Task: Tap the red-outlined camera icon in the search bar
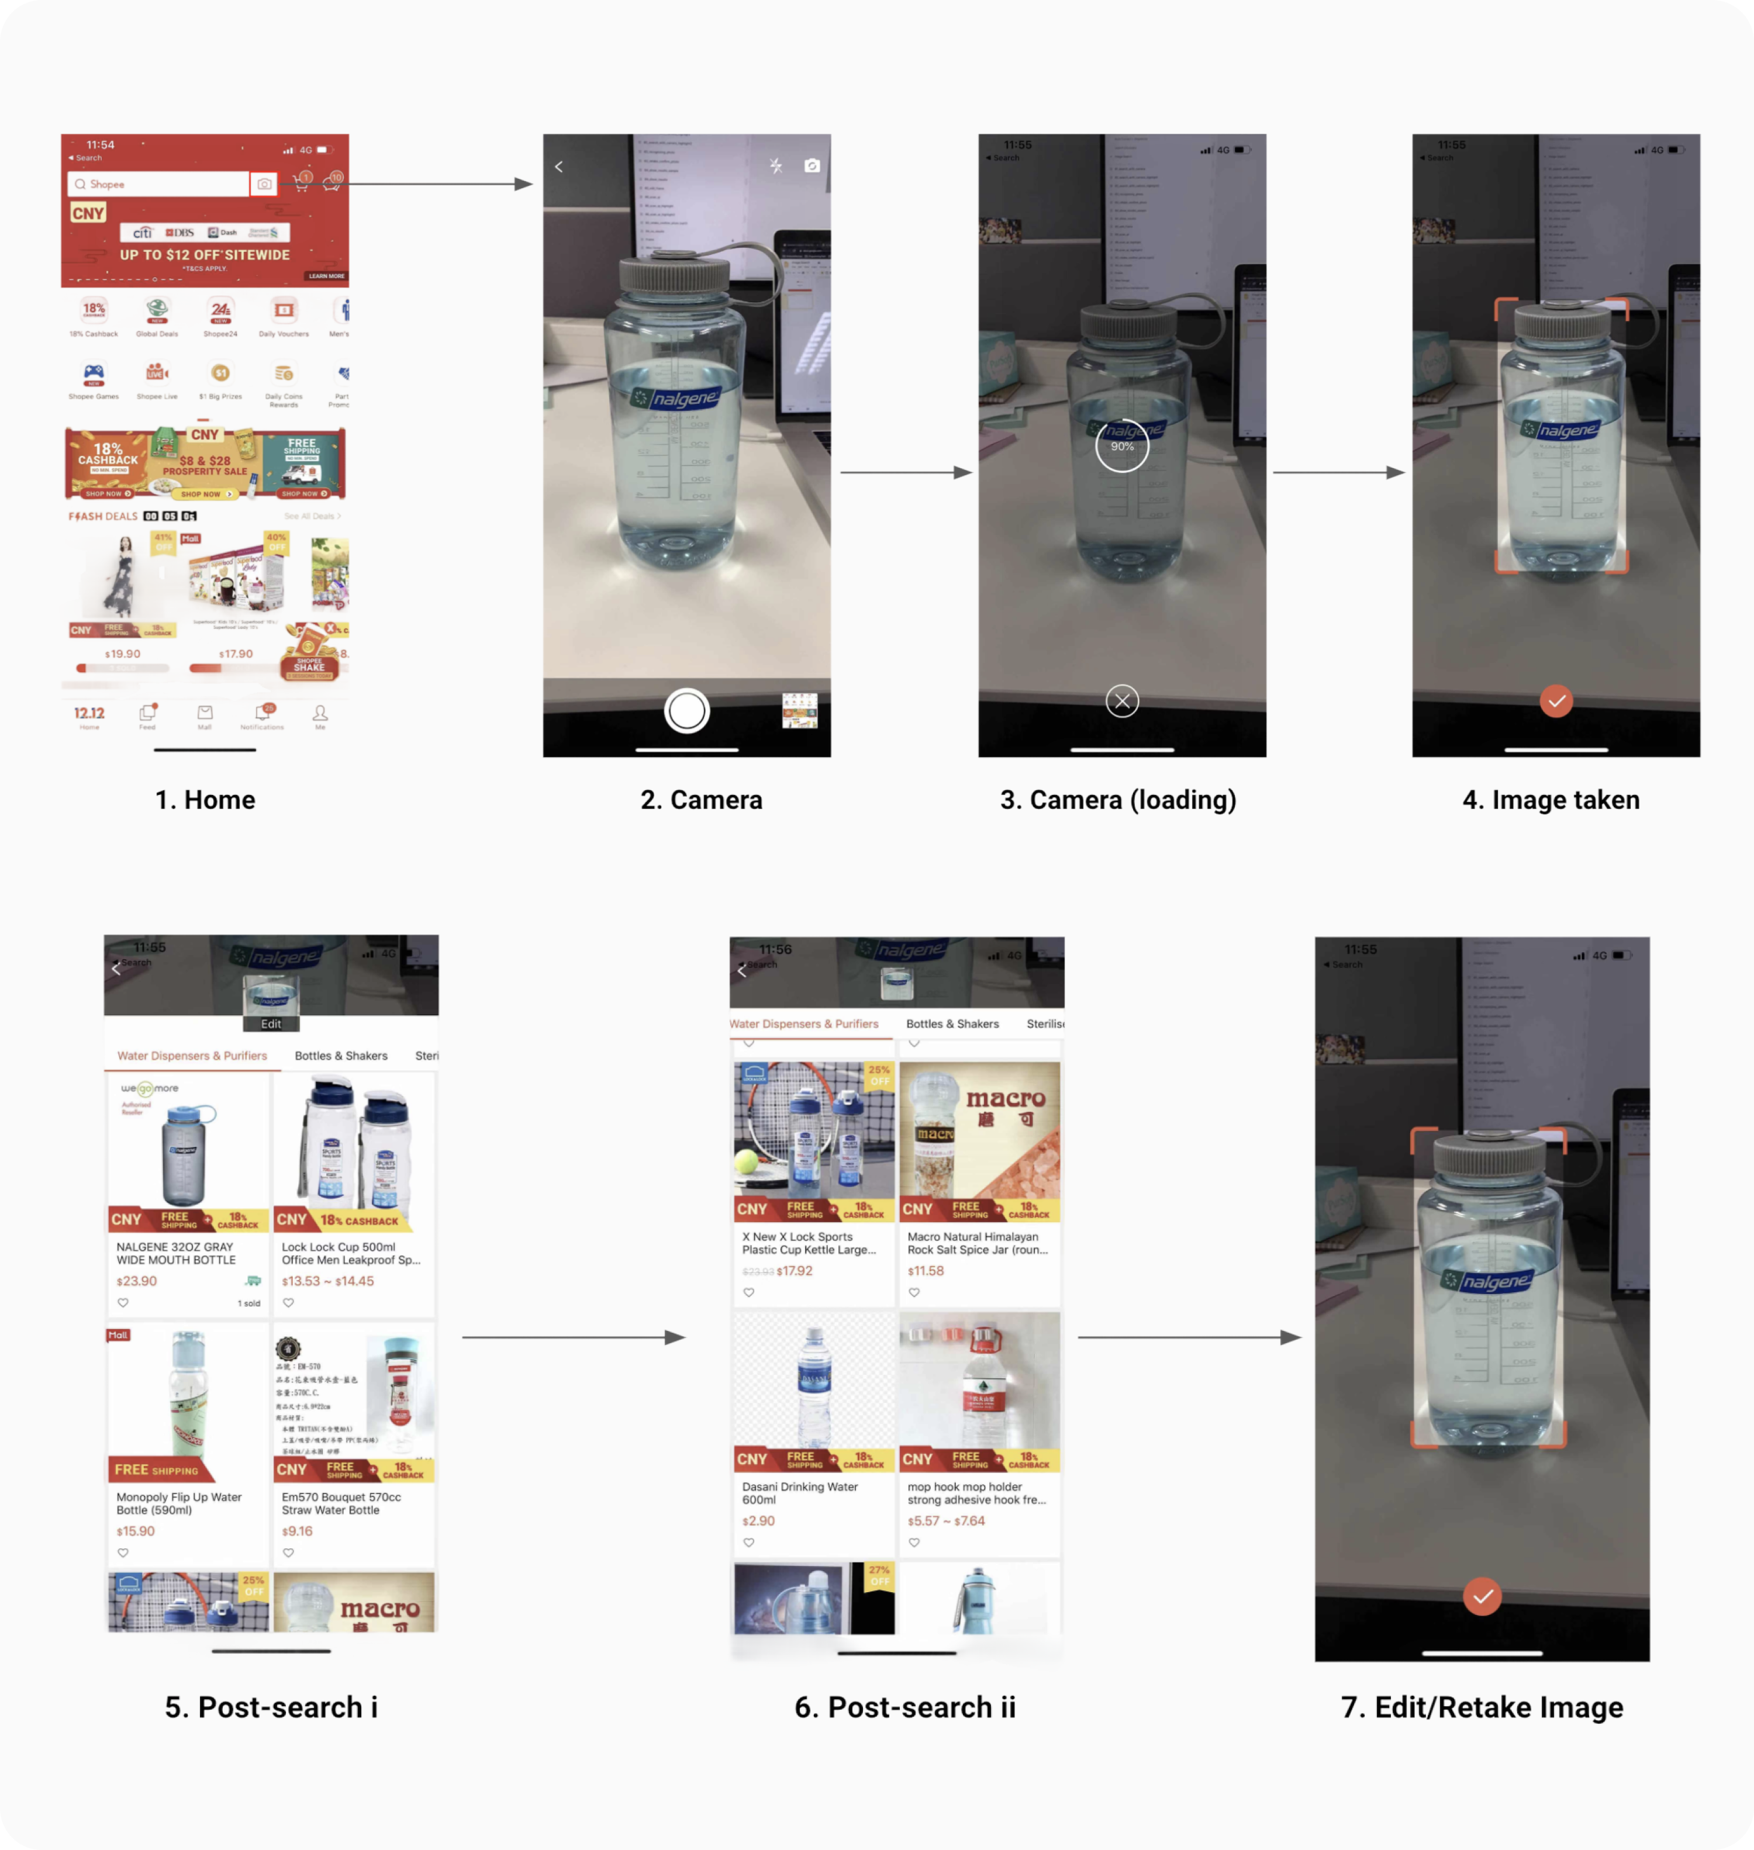[x=264, y=184]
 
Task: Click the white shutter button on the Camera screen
[x=687, y=711]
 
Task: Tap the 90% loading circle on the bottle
[x=1122, y=446]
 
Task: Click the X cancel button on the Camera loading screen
[x=1122, y=701]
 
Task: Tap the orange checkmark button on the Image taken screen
[x=1556, y=701]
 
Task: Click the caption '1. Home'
[x=205, y=800]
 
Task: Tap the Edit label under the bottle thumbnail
[x=271, y=1023]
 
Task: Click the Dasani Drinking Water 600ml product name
[x=799, y=1493]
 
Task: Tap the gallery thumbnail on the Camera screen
[x=799, y=711]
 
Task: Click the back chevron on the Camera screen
[x=559, y=167]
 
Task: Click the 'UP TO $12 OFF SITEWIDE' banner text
[x=205, y=254]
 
